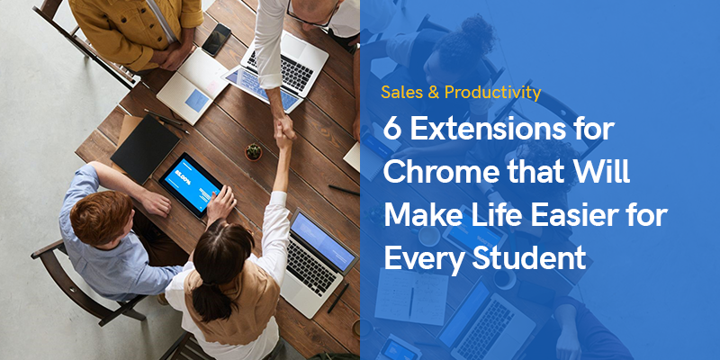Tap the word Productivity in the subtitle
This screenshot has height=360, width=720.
[492, 94]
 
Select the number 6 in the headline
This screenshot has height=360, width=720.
[391, 130]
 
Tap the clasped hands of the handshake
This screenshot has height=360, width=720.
[284, 129]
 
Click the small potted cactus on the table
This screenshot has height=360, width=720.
[254, 152]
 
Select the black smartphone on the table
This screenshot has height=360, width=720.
[217, 40]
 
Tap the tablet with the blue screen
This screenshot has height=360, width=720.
[191, 184]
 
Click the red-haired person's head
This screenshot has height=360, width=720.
[100, 218]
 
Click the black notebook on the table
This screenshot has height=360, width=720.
[145, 147]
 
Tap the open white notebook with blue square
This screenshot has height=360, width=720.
[192, 85]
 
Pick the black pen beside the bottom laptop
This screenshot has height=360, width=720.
[338, 298]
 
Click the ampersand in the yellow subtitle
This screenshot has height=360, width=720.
[433, 94]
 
